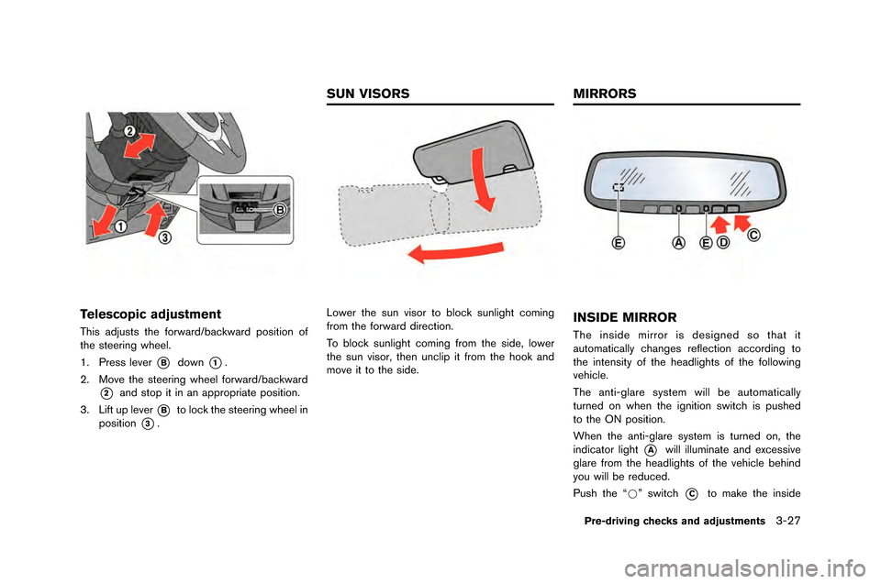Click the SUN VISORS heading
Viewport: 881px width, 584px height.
tap(366, 94)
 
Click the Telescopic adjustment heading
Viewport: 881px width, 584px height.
tap(150, 313)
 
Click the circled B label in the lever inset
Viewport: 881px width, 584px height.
tap(282, 210)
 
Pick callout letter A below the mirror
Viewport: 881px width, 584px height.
tap(678, 243)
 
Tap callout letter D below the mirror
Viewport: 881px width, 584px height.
tap(723, 243)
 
